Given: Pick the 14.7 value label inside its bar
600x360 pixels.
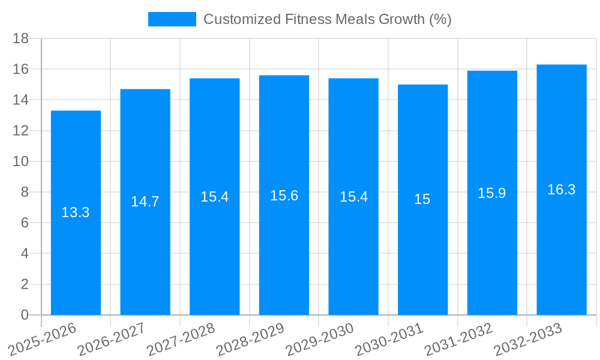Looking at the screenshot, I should [145, 202].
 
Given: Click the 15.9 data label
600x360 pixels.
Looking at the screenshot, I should [492, 193].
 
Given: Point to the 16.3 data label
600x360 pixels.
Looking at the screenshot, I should [562, 190].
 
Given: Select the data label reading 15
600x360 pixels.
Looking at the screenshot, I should [422, 200].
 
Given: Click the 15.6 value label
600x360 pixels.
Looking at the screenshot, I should [284, 196].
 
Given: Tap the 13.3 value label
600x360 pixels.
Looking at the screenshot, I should [76, 212].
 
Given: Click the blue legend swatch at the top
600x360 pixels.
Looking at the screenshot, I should [172, 19].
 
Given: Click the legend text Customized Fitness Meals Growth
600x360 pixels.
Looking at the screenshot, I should [327, 19].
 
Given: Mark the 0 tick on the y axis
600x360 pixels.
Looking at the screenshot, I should [25, 315].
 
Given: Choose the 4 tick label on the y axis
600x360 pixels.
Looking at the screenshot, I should [25, 254].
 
